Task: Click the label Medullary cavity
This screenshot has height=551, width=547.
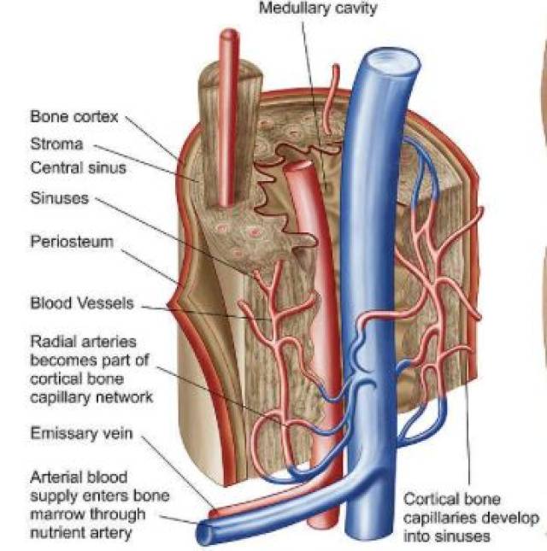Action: point(318,8)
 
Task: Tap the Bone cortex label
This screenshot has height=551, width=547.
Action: point(74,117)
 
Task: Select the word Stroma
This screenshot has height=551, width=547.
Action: point(57,144)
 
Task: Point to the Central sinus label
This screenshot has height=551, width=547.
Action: point(78,167)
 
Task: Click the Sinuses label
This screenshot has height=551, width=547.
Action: point(60,198)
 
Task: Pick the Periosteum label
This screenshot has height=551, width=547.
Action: point(72,242)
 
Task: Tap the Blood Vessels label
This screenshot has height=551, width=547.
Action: point(82,303)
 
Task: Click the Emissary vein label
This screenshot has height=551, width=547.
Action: point(81,433)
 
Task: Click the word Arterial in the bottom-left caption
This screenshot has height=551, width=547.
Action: point(56,478)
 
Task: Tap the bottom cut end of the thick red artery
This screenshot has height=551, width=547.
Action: point(323,523)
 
